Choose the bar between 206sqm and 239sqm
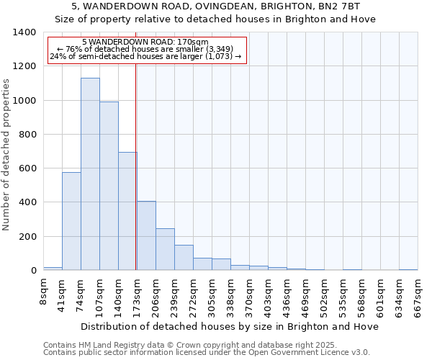(x=165, y=249)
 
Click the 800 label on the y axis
(x=28, y=135)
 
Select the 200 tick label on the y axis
(x=28, y=237)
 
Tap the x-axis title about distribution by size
(x=230, y=326)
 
